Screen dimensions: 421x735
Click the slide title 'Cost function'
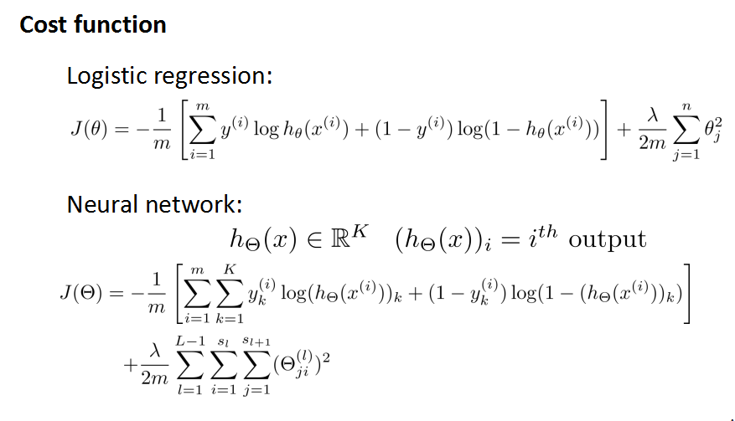click(93, 24)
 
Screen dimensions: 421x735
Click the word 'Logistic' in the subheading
click(107, 77)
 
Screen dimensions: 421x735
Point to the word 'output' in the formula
click(608, 239)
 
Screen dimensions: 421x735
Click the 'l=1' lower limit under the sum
click(189, 394)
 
